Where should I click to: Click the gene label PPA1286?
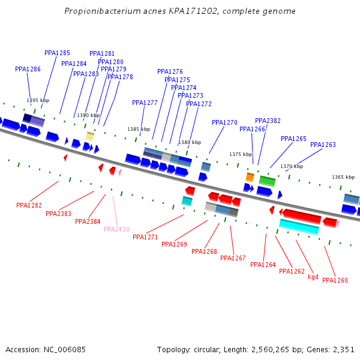point(28,70)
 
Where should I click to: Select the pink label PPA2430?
point(116,229)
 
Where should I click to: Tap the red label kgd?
point(313,277)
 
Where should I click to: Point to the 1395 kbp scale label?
point(38,100)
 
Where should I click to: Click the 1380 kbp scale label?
point(190,142)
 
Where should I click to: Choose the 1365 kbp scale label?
point(343,177)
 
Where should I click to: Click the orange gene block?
point(250,177)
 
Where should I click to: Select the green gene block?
point(267,181)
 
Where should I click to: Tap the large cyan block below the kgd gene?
point(299,227)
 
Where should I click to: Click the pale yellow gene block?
point(89,136)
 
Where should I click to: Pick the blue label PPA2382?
point(268,121)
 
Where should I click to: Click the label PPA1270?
point(224,122)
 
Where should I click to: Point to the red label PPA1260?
point(335,280)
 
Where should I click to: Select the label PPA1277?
point(145,103)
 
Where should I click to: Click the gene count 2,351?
point(343,349)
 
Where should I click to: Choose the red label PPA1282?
point(29,205)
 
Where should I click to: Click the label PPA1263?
point(323,145)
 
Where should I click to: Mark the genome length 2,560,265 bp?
point(259,349)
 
